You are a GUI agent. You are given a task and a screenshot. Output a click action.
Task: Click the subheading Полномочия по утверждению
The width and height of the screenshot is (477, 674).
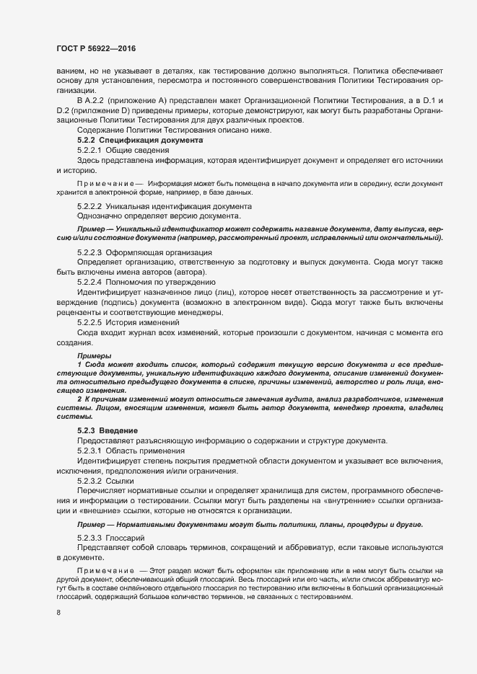(x=157, y=282)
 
